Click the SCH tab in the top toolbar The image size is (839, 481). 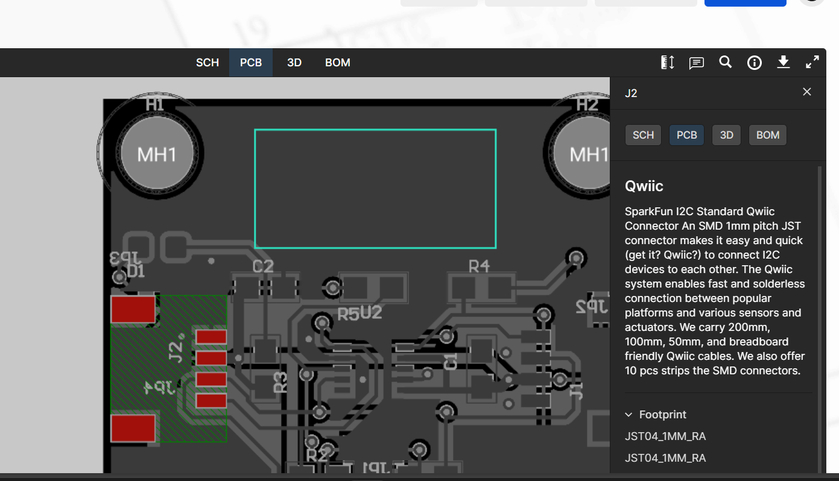point(207,63)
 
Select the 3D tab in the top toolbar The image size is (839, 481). point(294,63)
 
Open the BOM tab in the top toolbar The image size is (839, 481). point(337,63)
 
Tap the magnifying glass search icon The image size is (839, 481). point(725,62)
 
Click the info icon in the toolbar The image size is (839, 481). point(754,63)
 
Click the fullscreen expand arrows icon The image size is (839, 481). point(812,62)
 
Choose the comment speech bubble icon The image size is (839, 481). point(697,63)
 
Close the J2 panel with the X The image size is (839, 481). point(806,92)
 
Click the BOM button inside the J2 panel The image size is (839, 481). point(767,135)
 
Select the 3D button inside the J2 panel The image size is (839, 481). point(726,135)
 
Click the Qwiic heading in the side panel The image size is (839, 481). point(644,186)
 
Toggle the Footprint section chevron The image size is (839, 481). point(628,415)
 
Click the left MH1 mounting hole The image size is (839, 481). point(157,154)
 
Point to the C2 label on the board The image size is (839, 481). point(263,266)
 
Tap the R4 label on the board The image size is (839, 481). point(479,266)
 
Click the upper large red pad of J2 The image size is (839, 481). point(133,309)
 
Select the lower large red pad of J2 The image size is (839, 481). point(133,428)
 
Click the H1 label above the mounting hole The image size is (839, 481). point(155,104)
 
